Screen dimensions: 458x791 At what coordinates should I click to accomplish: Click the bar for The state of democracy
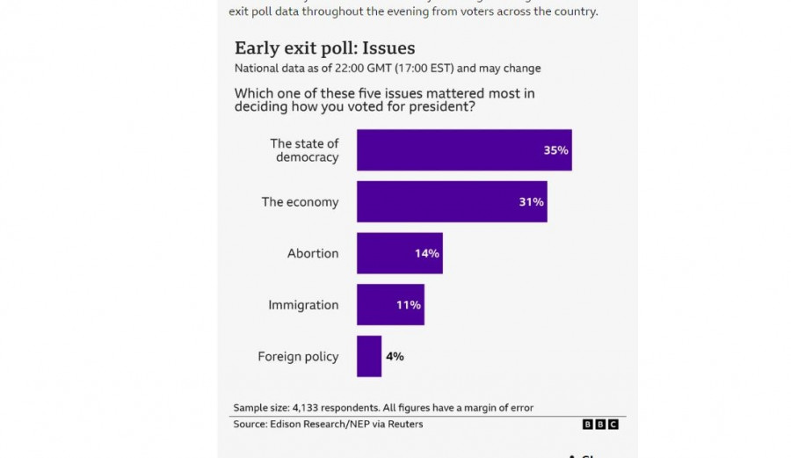click(x=463, y=150)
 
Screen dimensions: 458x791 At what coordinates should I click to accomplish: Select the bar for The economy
click(x=451, y=201)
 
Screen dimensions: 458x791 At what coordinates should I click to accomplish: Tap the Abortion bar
click(x=399, y=253)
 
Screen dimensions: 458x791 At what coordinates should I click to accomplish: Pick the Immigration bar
click(x=389, y=305)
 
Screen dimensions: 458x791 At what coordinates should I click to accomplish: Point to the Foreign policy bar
click(x=368, y=356)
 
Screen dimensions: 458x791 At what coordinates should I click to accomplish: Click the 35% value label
click(x=555, y=150)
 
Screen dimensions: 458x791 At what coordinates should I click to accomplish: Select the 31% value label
click(x=531, y=202)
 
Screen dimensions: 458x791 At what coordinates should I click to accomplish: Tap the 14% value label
click(x=426, y=253)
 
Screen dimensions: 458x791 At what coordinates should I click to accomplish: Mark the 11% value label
click(x=408, y=305)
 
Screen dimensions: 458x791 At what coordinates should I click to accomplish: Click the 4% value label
click(x=394, y=356)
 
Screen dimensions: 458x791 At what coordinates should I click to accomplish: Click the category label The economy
click(x=300, y=202)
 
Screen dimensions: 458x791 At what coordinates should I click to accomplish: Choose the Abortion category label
click(x=313, y=253)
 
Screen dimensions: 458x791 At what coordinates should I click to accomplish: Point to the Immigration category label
click(x=303, y=305)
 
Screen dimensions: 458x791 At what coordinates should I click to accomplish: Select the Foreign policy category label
click(x=298, y=357)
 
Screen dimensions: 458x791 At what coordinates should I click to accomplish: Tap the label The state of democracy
click(x=304, y=150)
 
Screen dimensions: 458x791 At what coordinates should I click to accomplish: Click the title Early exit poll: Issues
click(x=324, y=48)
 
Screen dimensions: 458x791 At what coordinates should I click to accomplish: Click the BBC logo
click(x=600, y=425)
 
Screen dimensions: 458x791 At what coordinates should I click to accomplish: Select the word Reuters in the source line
click(x=404, y=425)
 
